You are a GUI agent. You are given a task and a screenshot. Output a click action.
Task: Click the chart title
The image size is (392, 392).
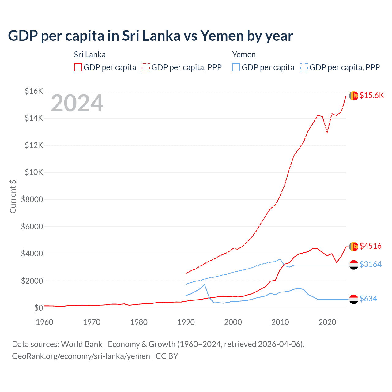click(x=150, y=36)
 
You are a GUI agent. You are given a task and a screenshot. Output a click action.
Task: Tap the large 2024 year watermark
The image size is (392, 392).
click(x=77, y=103)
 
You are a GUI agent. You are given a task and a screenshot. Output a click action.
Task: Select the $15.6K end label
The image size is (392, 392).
click(x=371, y=95)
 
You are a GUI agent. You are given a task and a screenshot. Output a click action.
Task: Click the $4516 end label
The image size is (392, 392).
click(x=371, y=246)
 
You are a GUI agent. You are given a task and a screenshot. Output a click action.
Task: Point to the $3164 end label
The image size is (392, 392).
click(x=371, y=264)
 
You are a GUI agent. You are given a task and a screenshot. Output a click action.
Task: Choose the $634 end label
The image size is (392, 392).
click(x=368, y=299)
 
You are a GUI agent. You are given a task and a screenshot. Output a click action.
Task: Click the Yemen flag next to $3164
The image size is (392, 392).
click(x=354, y=265)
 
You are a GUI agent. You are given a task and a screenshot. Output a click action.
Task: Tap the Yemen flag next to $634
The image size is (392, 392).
click(x=354, y=299)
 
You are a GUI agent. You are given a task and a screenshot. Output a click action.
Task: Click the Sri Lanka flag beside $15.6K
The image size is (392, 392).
click(x=354, y=96)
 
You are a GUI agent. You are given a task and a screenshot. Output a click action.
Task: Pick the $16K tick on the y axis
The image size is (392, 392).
click(x=34, y=91)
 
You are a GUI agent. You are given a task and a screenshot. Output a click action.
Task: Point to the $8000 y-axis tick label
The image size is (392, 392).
click(x=32, y=200)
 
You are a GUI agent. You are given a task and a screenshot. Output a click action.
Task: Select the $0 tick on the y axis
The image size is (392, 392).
click(x=38, y=308)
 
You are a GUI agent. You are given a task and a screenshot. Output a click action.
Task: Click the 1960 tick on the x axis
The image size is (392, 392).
click(x=44, y=322)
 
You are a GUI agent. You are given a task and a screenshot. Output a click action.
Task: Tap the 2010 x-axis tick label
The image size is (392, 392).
click(x=280, y=322)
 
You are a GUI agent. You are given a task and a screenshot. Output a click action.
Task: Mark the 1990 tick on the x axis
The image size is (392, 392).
click(x=186, y=322)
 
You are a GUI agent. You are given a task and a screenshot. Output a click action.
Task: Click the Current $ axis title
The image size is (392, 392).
click(x=13, y=196)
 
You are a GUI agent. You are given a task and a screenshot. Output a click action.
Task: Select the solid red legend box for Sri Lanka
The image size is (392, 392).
click(x=78, y=67)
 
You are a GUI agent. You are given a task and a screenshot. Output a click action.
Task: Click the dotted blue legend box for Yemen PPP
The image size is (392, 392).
click(x=304, y=67)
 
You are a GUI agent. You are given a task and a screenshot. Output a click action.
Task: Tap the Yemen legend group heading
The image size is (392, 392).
click(x=244, y=55)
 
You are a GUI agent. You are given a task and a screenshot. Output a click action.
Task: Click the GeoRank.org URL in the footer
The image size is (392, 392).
click(x=81, y=356)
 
